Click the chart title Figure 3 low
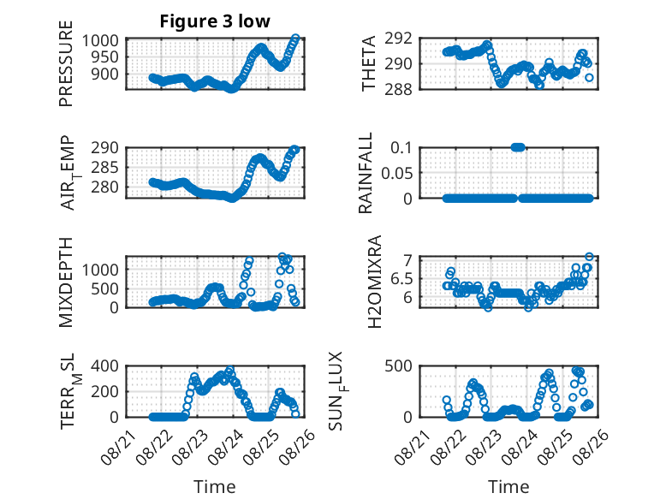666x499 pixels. point(215,21)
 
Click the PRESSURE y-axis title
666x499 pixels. point(66,63)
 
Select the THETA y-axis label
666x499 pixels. point(369,63)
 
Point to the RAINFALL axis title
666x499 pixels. point(366,173)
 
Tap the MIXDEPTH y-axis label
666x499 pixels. point(66,282)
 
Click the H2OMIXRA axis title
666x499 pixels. point(374,282)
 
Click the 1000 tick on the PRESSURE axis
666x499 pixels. point(100,41)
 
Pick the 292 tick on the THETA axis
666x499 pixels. point(398,39)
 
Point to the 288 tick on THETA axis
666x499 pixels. point(398,90)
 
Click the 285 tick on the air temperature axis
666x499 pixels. point(104,167)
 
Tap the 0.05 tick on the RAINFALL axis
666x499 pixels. point(396,173)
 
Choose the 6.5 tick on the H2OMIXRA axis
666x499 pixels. point(401,279)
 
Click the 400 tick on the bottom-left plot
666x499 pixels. point(104,366)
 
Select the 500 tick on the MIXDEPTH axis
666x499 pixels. point(104,288)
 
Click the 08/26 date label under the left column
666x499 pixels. point(297,447)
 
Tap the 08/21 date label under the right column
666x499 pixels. point(412,447)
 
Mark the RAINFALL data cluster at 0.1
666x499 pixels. point(518,147)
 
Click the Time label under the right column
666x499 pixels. point(508,486)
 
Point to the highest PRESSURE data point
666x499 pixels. point(295,39)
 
